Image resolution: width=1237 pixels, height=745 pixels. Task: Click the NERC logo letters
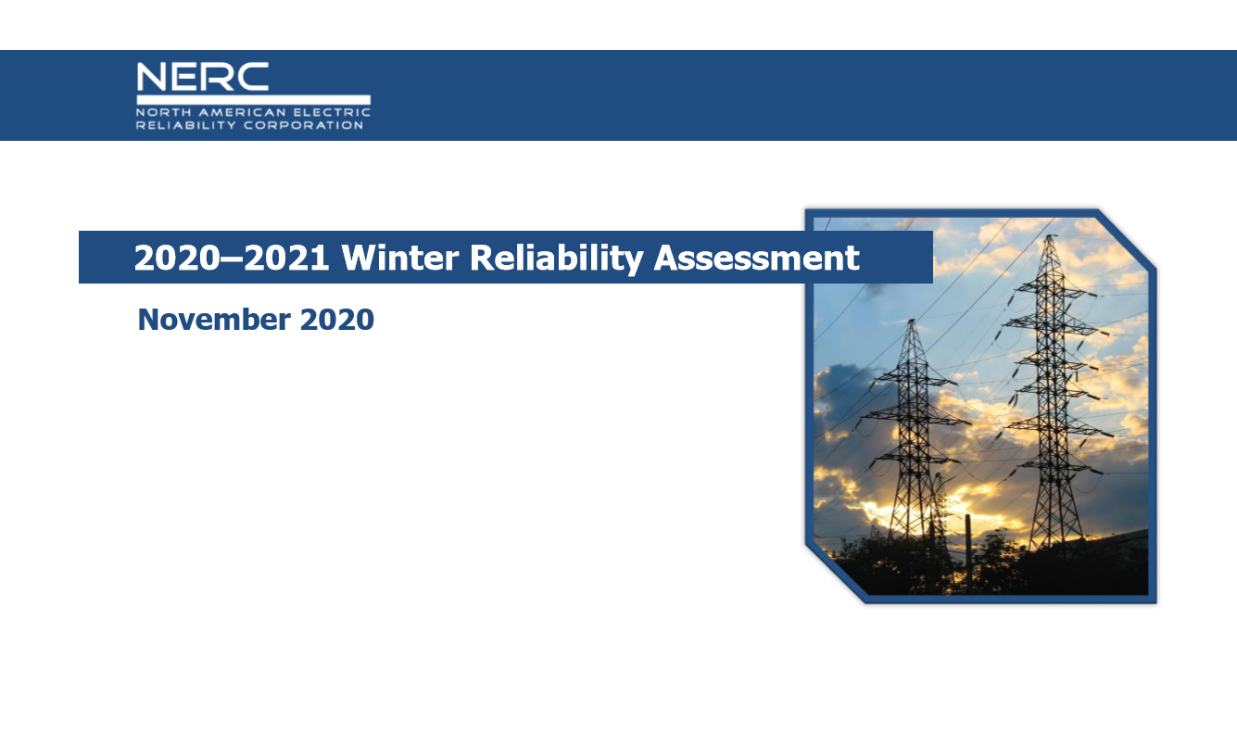click(x=202, y=76)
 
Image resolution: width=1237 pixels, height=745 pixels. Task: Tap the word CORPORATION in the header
click(x=303, y=125)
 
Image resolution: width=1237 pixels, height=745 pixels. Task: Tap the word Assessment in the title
click(x=757, y=258)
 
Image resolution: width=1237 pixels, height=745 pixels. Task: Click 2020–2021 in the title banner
click(x=232, y=258)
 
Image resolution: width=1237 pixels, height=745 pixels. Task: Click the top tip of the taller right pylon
click(x=1049, y=236)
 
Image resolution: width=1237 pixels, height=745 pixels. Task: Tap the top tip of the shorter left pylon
click(x=913, y=322)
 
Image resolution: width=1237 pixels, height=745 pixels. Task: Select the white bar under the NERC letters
click(x=253, y=99)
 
